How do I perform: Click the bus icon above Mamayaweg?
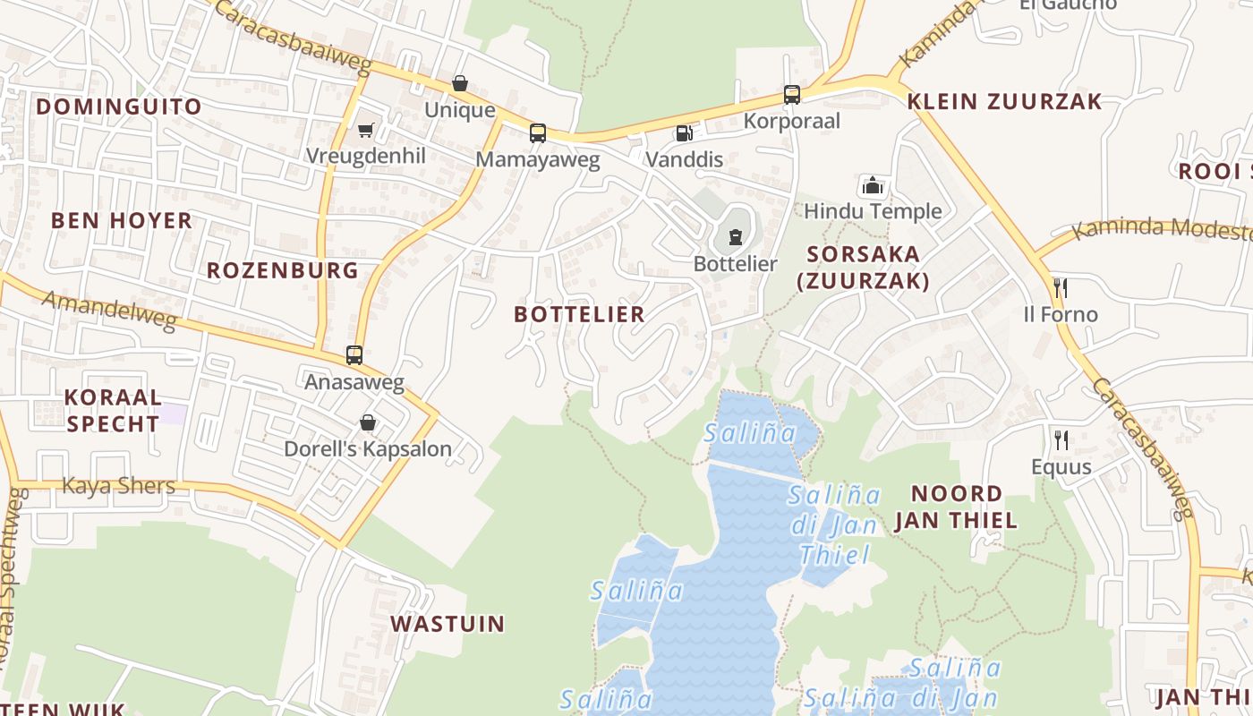(537, 133)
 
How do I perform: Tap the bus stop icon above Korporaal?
(791, 94)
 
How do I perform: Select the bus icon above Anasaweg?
(354, 355)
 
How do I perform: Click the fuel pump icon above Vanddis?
(684, 133)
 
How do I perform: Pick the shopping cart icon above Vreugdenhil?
(365, 130)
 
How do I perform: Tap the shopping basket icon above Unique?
(460, 83)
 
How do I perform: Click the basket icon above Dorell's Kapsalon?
(368, 422)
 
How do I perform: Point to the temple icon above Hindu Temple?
(873, 185)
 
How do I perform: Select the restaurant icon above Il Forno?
(1061, 287)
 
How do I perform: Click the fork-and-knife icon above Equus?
(1061, 439)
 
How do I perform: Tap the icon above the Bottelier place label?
(736, 236)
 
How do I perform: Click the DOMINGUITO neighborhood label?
(119, 107)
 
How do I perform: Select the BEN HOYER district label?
(122, 220)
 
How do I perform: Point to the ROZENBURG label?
(283, 270)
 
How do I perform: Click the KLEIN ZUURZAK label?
(1004, 101)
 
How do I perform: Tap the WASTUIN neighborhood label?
(447, 624)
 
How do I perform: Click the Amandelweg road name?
(109, 310)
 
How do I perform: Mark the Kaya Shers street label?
(118, 486)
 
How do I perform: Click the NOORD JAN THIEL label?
(956, 507)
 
